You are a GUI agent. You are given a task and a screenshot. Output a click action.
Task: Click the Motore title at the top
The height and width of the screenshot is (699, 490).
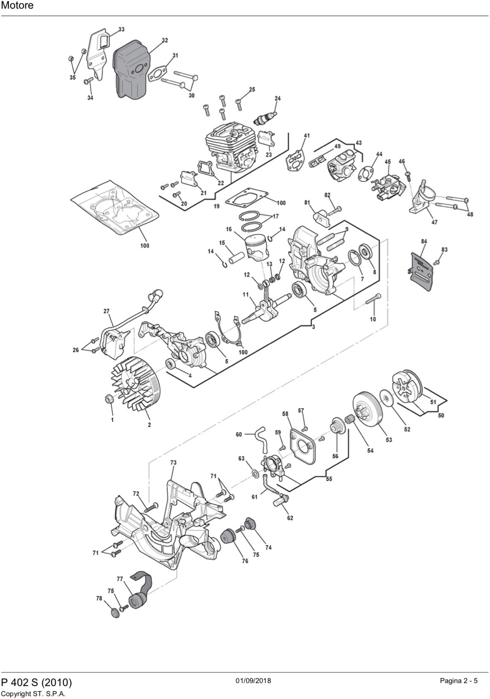coord(17,6)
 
